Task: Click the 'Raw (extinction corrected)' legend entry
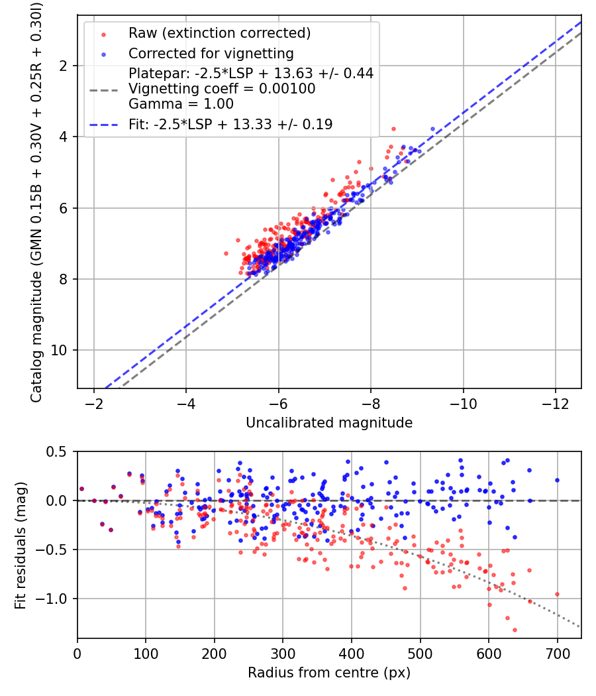(x=219, y=33)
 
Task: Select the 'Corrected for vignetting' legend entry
(x=211, y=53)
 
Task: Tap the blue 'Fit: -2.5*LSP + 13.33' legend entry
(x=230, y=124)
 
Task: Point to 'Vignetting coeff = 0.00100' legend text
(x=222, y=89)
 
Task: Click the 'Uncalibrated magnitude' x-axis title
(x=329, y=423)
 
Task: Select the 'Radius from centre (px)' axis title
(x=329, y=673)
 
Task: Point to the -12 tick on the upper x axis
(x=555, y=404)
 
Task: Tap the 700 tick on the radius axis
(x=557, y=654)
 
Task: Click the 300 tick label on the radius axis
(x=283, y=654)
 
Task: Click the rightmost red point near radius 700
(x=557, y=594)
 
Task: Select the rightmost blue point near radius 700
(x=557, y=480)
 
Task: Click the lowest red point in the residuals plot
(x=515, y=630)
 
